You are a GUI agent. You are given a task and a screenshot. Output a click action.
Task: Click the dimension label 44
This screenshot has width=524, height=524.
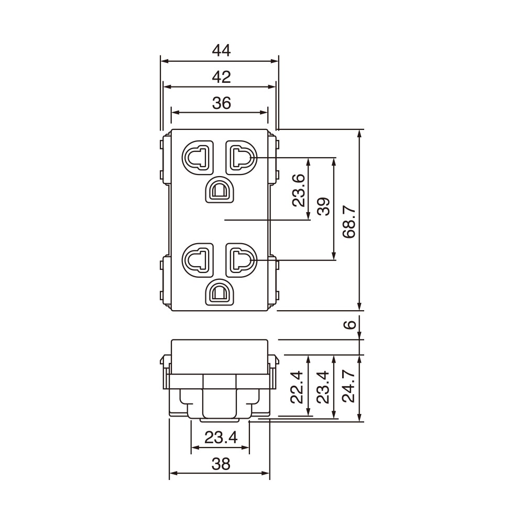click(221, 50)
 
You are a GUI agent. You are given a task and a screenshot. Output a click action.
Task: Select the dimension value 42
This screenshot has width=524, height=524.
click(221, 77)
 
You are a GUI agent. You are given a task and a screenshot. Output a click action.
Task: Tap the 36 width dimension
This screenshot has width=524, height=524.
click(221, 103)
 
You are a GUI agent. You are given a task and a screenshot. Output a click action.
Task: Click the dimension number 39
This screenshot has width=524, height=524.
click(324, 208)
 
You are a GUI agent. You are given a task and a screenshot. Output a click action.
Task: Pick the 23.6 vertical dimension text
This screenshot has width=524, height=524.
click(298, 190)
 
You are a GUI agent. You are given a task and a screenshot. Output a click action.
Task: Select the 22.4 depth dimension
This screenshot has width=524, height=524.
click(298, 387)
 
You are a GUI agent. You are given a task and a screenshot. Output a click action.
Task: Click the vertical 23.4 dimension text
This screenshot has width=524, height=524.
click(323, 387)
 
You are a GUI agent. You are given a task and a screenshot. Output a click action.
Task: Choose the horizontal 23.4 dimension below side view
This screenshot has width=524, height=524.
click(221, 437)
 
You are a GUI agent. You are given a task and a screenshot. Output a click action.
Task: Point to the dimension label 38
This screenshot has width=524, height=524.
click(221, 463)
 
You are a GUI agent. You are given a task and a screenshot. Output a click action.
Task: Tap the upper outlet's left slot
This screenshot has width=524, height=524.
click(198, 157)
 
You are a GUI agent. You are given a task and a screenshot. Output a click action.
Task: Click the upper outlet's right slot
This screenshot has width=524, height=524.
click(241, 157)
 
